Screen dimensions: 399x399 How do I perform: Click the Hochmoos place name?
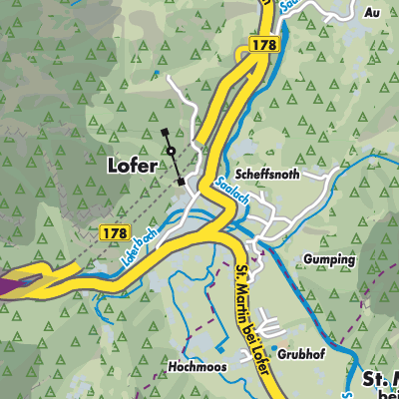point(198,366)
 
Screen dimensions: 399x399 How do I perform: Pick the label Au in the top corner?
point(373,12)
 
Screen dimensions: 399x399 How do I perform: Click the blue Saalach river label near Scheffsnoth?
point(228,191)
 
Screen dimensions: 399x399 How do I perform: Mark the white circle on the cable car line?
point(172,152)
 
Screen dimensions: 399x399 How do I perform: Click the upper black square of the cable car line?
point(164,131)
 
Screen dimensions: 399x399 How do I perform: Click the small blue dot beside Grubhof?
point(275,348)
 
